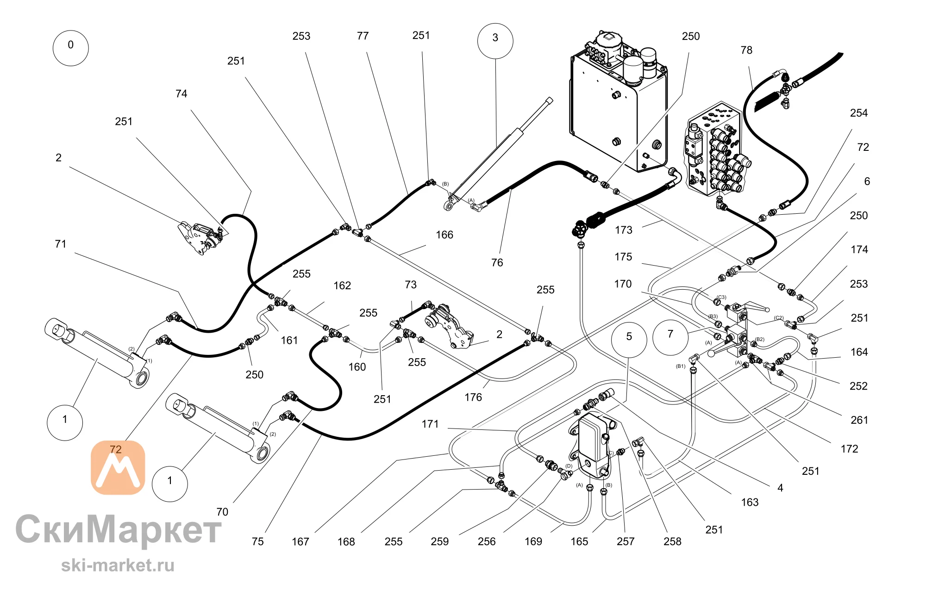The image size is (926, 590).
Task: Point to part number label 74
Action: (x=181, y=94)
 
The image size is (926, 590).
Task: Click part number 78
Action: (x=746, y=50)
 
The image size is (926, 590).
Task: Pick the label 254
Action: (x=859, y=113)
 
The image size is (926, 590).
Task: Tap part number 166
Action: (x=444, y=235)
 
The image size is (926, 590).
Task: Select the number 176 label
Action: (x=473, y=397)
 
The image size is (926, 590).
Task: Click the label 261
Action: (x=859, y=420)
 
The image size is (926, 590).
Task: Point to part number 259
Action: (x=440, y=542)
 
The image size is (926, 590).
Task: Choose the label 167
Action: (x=300, y=542)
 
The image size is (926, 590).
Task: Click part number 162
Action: (x=342, y=286)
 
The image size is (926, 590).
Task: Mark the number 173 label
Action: (x=624, y=230)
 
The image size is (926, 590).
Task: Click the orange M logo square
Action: (x=118, y=467)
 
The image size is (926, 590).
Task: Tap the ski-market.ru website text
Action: (x=118, y=565)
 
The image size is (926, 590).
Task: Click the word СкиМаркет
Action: (x=119, y=529)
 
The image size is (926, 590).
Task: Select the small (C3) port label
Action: (x=721, y=298)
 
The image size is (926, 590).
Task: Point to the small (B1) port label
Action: (x=681, y=366)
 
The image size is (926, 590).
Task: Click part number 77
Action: (x=363, y=36)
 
